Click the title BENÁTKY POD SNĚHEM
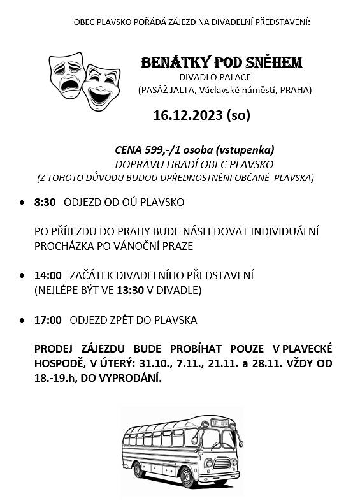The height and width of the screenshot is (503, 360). click(x=221, y=62)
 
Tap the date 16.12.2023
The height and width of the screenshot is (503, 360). click(x=189, y=115)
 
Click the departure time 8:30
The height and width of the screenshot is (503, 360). click(x=45, y=202)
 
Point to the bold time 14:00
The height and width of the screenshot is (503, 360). click(x=48, y=275)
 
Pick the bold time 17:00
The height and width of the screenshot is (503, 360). click(x=48, y=320)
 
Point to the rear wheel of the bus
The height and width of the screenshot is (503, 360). click(x=138, y=469)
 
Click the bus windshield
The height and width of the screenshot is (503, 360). click(x=217, y=439)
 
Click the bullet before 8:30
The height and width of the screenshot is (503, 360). click(x=22, y=203)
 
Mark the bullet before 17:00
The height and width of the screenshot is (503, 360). click(x=22, y=321)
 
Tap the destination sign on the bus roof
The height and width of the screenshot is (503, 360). click(x=220, y=421)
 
